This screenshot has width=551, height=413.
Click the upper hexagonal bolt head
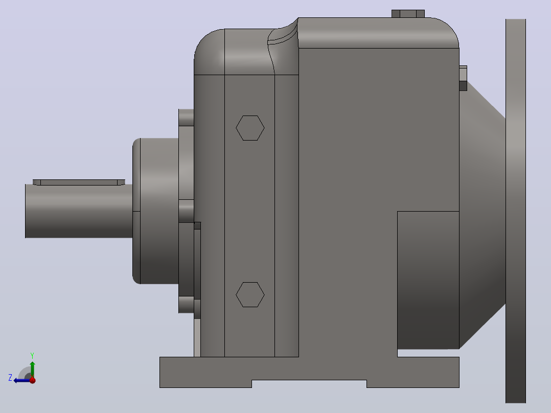click(x=250, y=128)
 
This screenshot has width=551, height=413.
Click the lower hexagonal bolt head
click(x=250, y=294)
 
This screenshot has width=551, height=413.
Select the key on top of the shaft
click(x=79, y=182)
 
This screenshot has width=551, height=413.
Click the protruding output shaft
click(x=79, y=211)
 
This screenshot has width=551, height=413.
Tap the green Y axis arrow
click(x=32, y=369)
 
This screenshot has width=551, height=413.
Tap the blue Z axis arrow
click(x=22, y=380)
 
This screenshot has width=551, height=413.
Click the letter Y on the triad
click(x=32, y=355)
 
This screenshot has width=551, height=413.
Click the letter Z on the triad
click(x=10, y=378)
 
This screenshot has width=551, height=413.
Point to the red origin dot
click(x=33, y=380)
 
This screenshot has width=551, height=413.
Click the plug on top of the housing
click(x=408, y=14)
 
